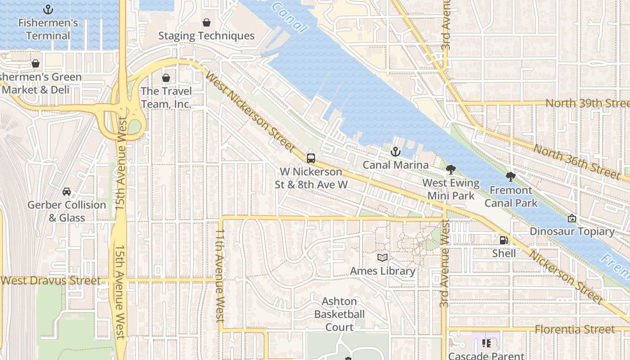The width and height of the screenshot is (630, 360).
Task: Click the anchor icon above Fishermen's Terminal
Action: (48, 9)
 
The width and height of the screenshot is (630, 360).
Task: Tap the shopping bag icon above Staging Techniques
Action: (207, 22)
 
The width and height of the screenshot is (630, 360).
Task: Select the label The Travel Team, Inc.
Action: (166, 98)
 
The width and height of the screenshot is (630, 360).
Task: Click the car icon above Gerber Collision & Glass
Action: (67, 191)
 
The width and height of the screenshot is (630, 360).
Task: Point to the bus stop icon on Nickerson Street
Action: (311, 158)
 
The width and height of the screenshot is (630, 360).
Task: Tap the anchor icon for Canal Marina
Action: (396, 152)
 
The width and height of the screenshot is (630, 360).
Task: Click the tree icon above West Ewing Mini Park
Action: (450, 170)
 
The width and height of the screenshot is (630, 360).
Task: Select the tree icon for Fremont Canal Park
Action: (510, 177)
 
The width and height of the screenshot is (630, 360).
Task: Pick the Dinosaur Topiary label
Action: (572, 231)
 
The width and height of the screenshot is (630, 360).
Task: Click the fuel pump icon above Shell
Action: (504, 240)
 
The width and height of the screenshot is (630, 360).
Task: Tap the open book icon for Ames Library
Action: (382, 258)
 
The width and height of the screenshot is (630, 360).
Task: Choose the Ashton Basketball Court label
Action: (339, 314)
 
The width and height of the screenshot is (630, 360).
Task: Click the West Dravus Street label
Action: (51, 280)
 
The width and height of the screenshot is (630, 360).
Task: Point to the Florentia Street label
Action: (575, 329)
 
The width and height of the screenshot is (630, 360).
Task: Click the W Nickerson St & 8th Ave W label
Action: (311, 178)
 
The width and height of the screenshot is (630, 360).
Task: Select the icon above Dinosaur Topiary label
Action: (572, 218)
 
